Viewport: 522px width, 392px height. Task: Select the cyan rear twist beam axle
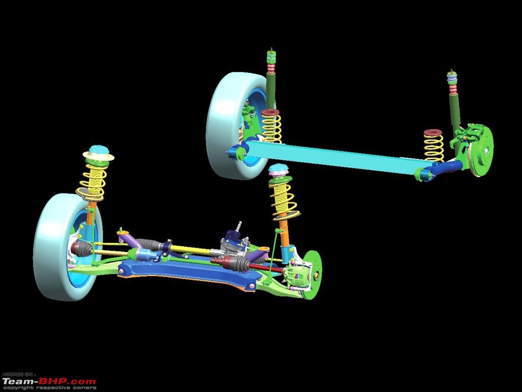pyautogui.click(x=336, y=157)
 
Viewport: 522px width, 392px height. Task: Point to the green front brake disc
pyautogui.click(x=312, y=275)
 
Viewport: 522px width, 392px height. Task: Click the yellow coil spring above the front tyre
pyautogui.click(x=93, y=182)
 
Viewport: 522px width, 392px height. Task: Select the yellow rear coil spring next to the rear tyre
pyautogui.click(x=271, y=126)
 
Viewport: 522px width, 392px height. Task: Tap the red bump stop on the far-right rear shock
pyautogui.click(x=453, y=89)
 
